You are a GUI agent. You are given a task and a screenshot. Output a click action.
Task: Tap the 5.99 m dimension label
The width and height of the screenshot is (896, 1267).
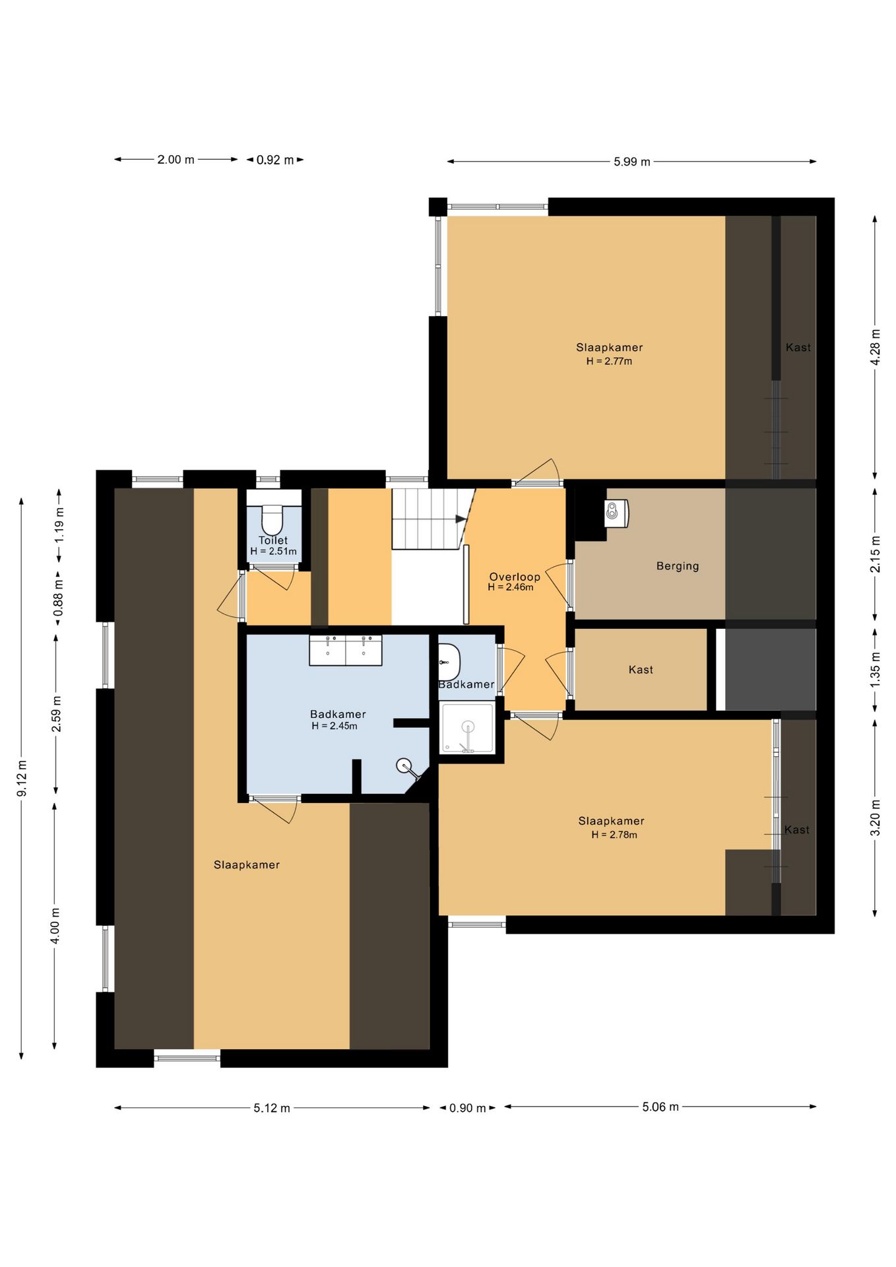(x=632, y=162)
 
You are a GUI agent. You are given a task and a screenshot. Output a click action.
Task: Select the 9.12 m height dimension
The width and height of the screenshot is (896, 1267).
(x=22, y=778)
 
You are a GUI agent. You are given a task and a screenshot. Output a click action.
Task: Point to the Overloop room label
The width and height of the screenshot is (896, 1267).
(x=515, y=577)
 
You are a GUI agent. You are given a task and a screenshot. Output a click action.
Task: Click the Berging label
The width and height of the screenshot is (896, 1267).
(x=678, y=566)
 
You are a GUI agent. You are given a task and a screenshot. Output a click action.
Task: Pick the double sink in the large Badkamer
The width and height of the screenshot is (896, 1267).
(x=346, y=651)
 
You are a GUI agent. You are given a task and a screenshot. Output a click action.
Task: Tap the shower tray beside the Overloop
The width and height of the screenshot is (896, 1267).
(x=467, y=728)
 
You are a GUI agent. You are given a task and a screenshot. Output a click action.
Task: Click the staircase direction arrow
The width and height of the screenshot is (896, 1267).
(x=461, y=519)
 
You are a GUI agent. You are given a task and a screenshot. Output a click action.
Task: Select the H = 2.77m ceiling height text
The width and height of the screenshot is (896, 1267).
(x=609, y=362)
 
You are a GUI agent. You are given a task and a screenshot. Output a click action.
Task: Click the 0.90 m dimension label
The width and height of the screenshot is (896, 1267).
(x=467, y=1108)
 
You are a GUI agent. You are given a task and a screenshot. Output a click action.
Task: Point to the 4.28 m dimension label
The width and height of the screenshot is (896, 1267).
(x=876, y=347)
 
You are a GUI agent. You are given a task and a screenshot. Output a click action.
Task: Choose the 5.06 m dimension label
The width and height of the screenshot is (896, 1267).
(x=660, y=1107)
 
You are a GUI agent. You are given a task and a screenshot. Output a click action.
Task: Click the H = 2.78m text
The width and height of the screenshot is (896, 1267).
(x=614, y=835)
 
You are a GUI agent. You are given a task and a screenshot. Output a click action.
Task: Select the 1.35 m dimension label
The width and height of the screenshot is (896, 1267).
(x=876, y=669)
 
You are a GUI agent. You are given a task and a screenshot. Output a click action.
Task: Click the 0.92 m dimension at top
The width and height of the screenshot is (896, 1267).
(x=275, y=160)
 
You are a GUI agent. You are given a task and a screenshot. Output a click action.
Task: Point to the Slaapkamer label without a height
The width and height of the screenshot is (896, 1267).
(x=247, y=865)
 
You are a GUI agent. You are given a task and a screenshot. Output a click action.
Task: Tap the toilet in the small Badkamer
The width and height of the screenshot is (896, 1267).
(x=449, y=662)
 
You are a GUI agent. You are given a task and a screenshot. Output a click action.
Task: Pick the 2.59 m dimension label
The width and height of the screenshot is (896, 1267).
(x=57, y=714)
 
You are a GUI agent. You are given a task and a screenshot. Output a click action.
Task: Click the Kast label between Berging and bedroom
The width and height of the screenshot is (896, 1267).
(x=641, y=670)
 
